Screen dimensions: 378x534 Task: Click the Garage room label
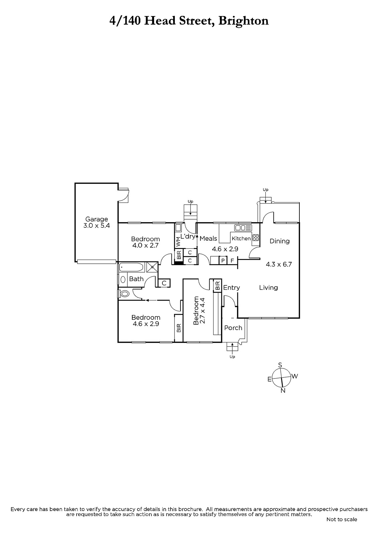[97, 219]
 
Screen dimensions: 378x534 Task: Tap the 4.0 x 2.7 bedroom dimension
[145, 245]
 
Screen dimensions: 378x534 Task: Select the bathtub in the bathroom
[131, 267]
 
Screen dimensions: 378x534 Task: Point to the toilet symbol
[124, 293]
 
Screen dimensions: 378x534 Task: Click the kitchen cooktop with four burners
[256, 238]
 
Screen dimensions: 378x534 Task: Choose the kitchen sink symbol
[243, 228]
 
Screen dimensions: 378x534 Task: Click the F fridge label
[232, 261]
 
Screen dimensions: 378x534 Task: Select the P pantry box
[223, 260]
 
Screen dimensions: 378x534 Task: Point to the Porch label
[233, 328]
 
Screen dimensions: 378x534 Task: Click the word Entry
[231, 288]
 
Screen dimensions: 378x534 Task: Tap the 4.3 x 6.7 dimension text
[279, 264]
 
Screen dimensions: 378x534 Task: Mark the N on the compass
[283, 390]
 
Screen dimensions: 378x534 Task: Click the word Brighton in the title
[244, 21]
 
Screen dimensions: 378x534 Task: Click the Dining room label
[280, 241]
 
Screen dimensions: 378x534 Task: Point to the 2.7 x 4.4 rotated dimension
[203, 310]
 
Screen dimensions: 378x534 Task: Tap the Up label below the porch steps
[232, 357]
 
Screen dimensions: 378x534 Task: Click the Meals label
[208, 238]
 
